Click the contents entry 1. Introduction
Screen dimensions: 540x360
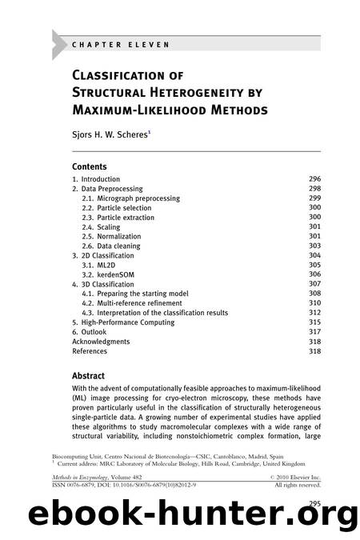(x=96, y=179)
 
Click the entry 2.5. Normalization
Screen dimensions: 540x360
(x=117, y=237)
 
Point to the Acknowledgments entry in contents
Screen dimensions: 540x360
(x=106, y=342)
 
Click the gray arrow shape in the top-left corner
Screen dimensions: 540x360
(x=60, y=44)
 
